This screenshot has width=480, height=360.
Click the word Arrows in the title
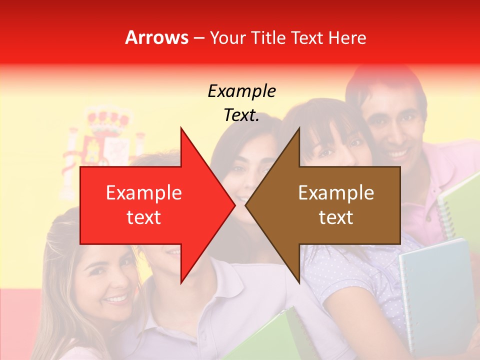pos(156,38)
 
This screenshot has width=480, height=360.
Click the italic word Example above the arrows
pos(241,91)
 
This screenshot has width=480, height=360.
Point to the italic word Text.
pos(241,115)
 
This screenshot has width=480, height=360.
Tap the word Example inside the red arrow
pos(143,193)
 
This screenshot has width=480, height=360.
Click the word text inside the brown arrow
pos(336,217)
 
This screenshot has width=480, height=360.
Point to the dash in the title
pos(198,38)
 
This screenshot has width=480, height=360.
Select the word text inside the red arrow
pos(143,217)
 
